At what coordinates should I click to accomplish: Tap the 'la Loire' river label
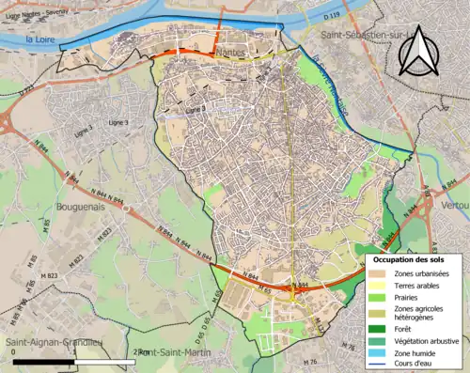42,39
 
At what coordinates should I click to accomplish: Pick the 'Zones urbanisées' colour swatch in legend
381,272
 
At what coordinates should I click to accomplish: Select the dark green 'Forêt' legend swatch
381,329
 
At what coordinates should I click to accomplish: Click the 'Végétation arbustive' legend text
427,341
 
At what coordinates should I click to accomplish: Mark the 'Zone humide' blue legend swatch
381,353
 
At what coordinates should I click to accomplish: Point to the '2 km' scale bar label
141,352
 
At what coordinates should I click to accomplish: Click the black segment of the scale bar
38,362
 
